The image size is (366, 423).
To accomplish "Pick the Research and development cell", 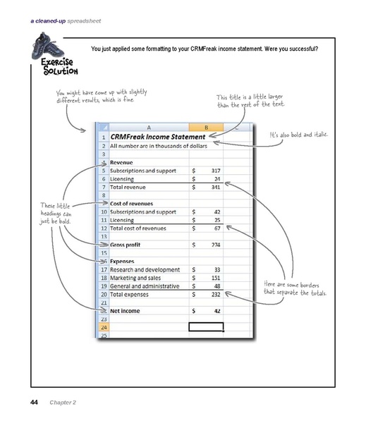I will (145, 269).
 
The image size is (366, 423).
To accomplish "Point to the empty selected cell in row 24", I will (206, 327).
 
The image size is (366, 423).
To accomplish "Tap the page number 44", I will (34, 403).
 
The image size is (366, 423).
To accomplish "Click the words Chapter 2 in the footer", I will (63, 403).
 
